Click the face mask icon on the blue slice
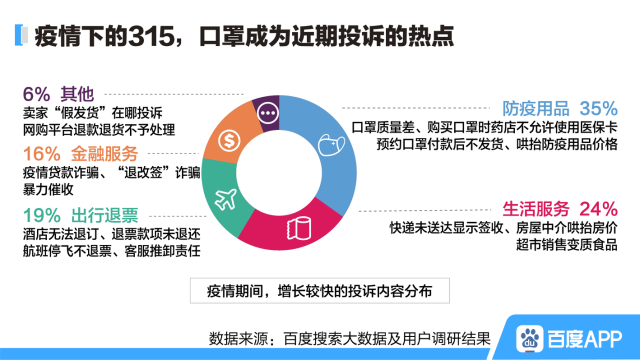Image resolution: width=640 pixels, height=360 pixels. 331,145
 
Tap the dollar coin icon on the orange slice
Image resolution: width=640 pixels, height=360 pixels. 229,140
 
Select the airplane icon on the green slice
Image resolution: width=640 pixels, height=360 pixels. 225,199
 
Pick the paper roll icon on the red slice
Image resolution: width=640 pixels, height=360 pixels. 299,228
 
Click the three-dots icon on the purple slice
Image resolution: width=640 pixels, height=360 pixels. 267,113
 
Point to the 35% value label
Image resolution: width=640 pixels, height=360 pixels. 598,108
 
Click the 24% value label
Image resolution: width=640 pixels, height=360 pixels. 598,209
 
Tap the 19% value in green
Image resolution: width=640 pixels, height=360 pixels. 42,215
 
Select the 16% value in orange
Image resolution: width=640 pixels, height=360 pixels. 42,153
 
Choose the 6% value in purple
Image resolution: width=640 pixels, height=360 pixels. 36,94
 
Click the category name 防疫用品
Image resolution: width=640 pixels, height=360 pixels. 535,108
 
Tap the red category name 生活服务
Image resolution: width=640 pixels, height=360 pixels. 535,209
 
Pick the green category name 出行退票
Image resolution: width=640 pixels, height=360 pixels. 104,215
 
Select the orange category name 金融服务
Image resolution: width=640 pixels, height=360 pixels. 104,153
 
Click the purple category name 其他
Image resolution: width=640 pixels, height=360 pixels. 77,94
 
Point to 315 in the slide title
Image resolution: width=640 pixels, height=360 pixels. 151,36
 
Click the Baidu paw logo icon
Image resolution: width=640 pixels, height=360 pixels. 529,338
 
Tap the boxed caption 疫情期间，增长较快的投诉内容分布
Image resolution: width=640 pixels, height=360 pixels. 319,291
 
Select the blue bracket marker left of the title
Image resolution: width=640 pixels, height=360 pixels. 18,35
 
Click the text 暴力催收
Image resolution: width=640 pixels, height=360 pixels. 48,189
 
